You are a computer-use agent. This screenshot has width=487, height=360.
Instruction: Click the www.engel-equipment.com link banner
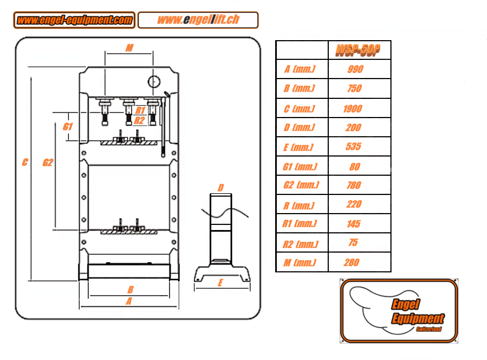tap(74, 20)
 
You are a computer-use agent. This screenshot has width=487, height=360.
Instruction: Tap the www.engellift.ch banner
tap(198, 20)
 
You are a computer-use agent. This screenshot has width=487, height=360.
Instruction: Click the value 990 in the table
tap(355, 70)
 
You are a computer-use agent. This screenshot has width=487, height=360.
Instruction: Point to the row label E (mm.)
tap(298, 148)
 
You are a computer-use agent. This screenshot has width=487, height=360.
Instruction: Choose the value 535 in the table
tap(354, 147)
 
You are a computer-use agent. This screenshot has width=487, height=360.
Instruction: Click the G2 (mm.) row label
tap(301, 185)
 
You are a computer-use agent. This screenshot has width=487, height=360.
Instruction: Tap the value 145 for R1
tap(353, 224)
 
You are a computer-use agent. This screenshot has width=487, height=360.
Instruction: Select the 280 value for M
tap(351, 262)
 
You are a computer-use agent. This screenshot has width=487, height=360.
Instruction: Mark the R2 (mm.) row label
tap(300, 244)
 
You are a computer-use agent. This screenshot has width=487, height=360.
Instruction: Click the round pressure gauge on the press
tap(154, 81)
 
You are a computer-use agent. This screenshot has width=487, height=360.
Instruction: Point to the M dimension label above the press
tap(129, 48)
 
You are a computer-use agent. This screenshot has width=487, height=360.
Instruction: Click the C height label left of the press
tap(25, 163)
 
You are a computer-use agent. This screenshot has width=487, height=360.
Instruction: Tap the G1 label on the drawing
tap(68, 127)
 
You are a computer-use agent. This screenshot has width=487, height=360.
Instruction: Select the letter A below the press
tap(129, 302)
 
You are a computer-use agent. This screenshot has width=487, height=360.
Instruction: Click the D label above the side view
tap(221, 188)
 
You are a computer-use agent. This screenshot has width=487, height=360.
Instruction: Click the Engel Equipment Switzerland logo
tap(398, 310)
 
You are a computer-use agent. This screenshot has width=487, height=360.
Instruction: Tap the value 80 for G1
tap(354, 167)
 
